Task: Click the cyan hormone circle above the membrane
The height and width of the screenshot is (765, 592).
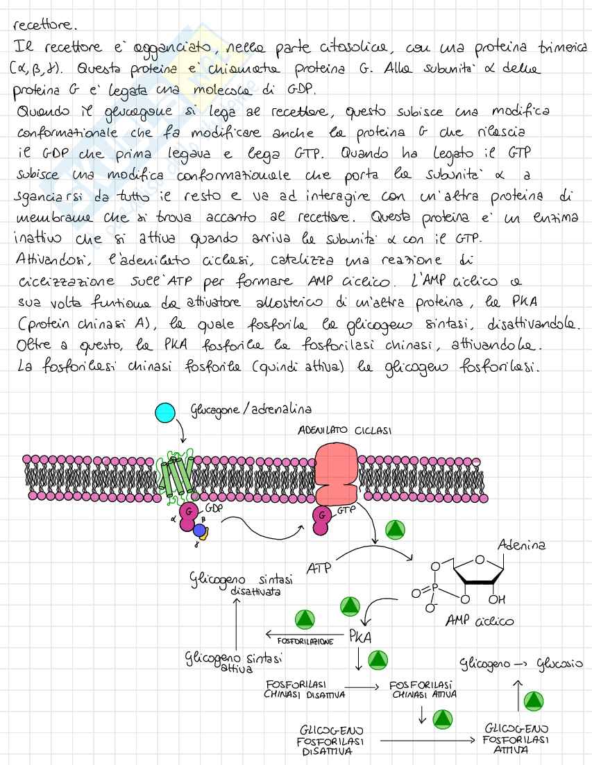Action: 165,413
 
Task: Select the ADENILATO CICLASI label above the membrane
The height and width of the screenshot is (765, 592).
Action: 345,431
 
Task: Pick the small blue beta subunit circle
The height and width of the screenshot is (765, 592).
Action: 200,531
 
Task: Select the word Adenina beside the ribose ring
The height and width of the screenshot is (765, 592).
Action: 521,545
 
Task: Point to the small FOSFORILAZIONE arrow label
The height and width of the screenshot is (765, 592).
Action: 305,642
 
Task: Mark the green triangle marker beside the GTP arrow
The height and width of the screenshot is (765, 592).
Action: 396,529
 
